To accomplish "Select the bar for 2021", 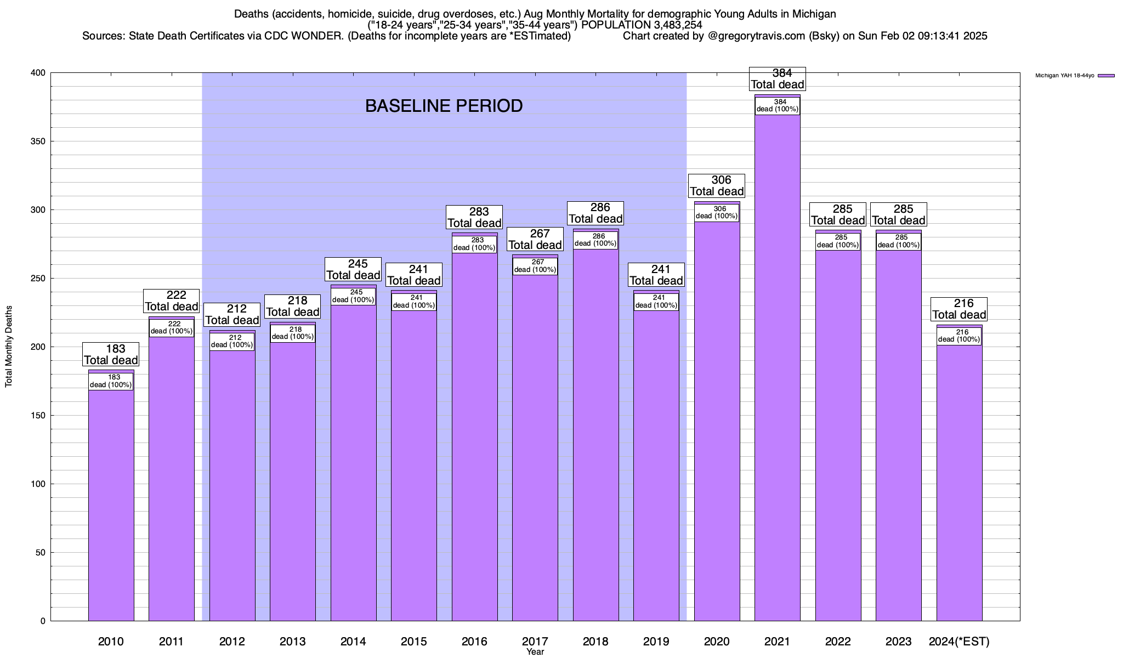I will (x=777, y=384).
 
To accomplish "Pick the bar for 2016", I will (x=474, y=439).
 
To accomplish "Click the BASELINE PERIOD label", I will (x=444, y=106).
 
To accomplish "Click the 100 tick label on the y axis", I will (x=38, y=484).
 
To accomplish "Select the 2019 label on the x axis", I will (x=656, y=642).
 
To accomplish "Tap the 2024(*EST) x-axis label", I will (x=959, y=642).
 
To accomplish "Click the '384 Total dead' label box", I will (x=777, y=79).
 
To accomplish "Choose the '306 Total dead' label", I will (x=717, y=186).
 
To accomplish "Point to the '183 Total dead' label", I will (x=111, y=354).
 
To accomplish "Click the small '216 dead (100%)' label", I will (x=959, y=336).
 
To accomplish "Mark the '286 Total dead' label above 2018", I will (x=595, y=213).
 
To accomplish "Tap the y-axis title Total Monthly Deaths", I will (x=9, y=346).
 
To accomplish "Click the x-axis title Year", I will (x=535, y=652).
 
